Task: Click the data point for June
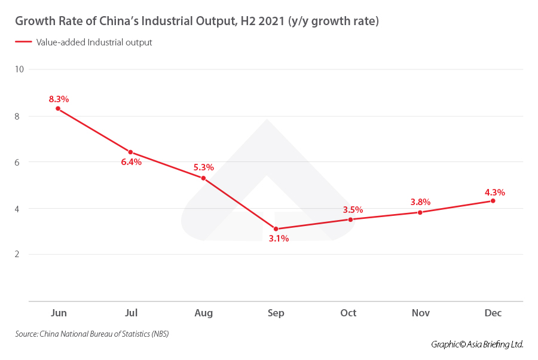pos(58,108)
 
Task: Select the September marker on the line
pos(276,228)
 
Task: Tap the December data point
pos(493,201)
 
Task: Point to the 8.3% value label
pos(59,99)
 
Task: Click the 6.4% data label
pos(131,162)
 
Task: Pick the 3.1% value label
pos(278,239)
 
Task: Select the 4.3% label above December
pos(494,193)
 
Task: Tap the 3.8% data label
pos(420,202)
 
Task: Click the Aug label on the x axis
pos(203,313)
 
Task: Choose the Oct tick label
pos(348,313)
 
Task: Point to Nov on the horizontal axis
pos(420,313)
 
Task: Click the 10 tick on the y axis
pos(19,69)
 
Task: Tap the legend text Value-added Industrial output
pos(94,42)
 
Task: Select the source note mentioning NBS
pos(92,334)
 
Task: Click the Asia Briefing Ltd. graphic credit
pos(477,344)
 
